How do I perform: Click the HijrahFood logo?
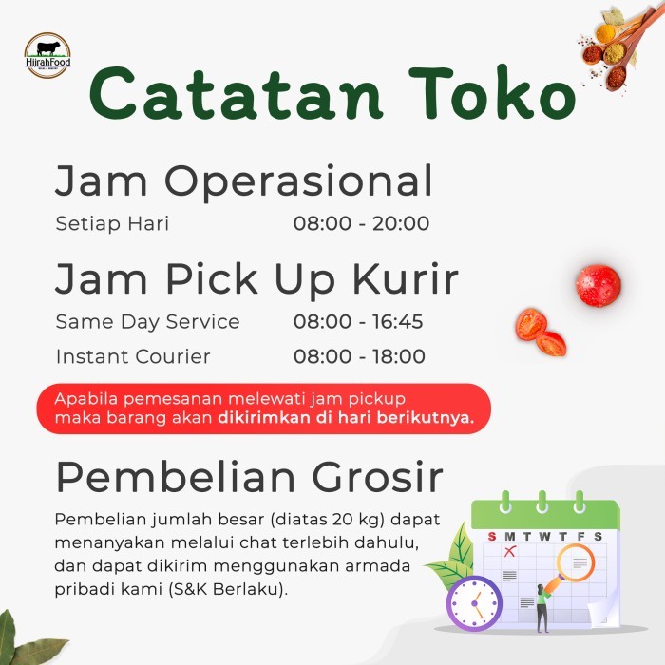click(47, 55)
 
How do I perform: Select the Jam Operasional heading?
click(243, 180)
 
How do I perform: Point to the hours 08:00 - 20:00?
click(361, 224)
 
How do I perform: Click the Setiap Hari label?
click(112, 224)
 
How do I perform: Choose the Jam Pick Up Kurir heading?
click(256, 279)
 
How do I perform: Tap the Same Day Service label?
click(147, 322)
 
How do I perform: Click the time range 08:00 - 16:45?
click(358, 322)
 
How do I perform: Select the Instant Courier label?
click(133, 357)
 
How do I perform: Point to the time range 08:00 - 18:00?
click(359, 357)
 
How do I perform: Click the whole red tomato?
click(598, 285)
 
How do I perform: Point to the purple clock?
click(473, 602)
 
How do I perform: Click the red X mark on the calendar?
click(509, 551)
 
